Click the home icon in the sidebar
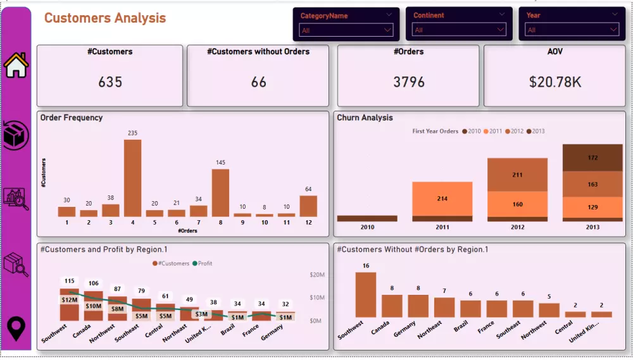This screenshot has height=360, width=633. [16, 65]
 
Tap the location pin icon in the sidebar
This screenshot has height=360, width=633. [16, 328]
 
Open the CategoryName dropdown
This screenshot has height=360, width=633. [347, 30]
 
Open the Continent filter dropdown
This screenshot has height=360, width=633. [459, 30]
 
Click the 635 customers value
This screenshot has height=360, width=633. [110, 82]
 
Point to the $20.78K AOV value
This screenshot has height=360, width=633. [555, 82]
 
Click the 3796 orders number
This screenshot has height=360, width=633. [408, 82]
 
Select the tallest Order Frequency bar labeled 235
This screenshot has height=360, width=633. [132, 178]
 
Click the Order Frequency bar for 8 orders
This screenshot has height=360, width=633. [220, 193]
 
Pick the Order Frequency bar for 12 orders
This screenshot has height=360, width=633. [308, 206]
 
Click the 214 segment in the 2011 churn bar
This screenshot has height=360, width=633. [442, 199]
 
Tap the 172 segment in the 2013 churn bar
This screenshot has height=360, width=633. [592, 158]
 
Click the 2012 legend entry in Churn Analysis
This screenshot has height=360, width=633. [513, 132]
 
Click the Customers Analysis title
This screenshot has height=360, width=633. [105, 18]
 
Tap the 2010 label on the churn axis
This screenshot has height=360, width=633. [367, 227]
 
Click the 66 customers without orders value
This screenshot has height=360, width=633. [258, 82]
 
